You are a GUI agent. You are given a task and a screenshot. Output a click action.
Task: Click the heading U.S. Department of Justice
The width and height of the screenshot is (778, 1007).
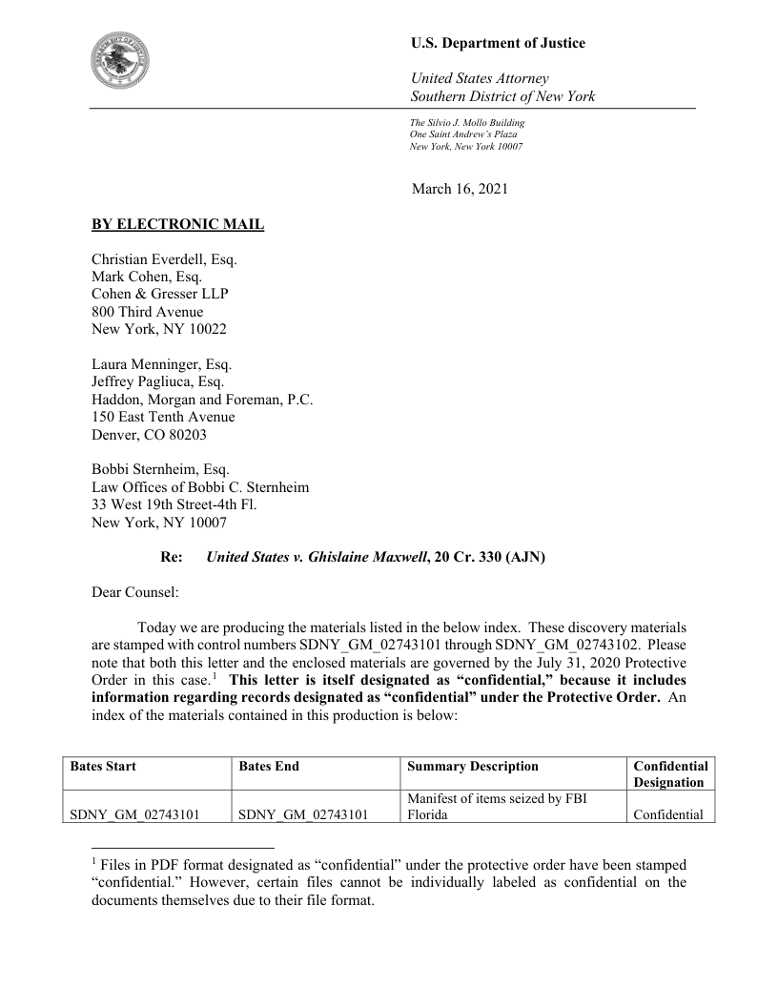pyautogui.click(x=498, y=43)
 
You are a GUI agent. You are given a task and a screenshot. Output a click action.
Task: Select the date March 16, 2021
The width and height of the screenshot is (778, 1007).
pyautogui.click(x=460, y=189)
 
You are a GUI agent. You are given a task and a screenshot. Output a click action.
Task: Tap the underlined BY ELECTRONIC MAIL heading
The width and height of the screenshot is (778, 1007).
pyautogui.click(x=177, y=225)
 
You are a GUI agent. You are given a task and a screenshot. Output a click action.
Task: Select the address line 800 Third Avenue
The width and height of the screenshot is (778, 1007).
pyautogui.click(x=147, y=311)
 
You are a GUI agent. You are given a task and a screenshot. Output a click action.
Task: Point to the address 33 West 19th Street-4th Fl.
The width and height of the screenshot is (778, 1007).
pyautogui.click(x=174, y=504)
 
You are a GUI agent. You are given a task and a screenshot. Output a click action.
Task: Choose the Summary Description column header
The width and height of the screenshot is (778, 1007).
pyautogui.click(x=472, y=766)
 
